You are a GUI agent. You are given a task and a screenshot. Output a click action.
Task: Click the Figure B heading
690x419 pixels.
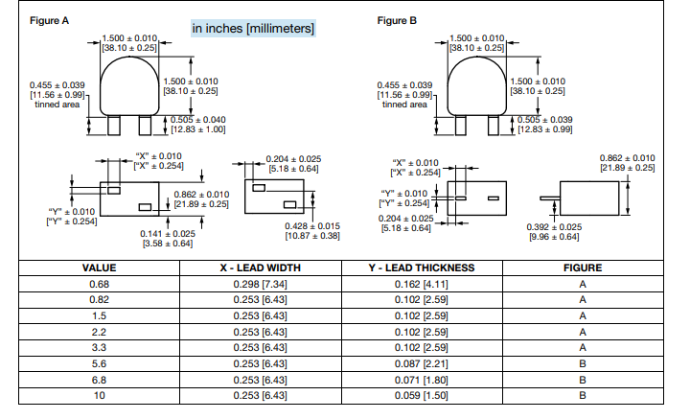[x=398, y=19]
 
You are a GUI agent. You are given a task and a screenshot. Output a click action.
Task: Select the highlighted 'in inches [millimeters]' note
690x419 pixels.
[x=253, y=29]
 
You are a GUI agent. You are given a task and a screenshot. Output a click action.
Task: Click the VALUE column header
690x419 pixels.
[x=99, y=268]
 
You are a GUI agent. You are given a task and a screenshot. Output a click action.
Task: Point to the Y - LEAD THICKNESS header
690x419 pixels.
[x=422, y=268]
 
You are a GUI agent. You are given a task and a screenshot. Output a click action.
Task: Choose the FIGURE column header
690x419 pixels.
[x=583, y=268]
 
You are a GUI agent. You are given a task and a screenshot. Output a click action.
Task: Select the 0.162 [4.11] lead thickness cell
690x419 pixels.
[x=422, y=285]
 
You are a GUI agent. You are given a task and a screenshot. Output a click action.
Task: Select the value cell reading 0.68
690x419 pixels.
[x=99, y=285]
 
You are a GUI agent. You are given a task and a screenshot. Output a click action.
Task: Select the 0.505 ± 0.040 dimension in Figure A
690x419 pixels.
[x=198, y=119]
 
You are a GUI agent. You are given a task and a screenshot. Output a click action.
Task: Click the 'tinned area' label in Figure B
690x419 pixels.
[x=403, y=105]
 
